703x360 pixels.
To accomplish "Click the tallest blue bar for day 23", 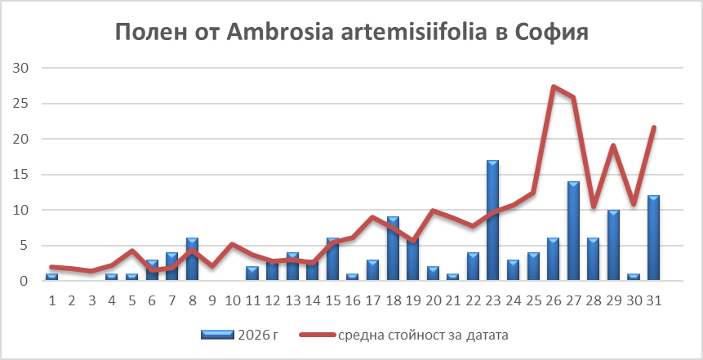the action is pyautogui.click(x=492, y=220).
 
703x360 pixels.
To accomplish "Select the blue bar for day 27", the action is pyautogui.click(x=573, y=231).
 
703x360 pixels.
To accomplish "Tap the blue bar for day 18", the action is pyautogui.click(x=393, y=249).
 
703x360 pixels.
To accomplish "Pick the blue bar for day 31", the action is pyautogui.click(x=653, y=238).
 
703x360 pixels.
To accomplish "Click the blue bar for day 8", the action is pyautogui.click(x=193, y=260).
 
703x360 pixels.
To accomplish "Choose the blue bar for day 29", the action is pyautogui.click(x=613, y=245).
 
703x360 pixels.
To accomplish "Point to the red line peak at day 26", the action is pyautogui.click(x=554, y=87).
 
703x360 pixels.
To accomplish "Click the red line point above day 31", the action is pyautogui.click(x=654, y=127).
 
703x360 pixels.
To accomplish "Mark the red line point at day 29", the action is pyautogui.click(x=613, y=145).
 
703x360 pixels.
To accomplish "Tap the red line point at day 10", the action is pyautogui.click(x=233, y=244).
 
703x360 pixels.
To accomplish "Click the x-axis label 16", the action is pyautogui.click(x=353, y=300).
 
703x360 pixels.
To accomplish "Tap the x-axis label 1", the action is pyautogui.click(x=52, y=300).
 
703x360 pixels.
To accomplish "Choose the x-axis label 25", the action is pyautogui.click(x=533, y=300).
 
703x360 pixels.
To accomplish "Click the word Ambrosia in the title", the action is pyautogui.click(x=280, y=33).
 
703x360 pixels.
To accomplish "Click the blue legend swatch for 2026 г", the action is pyautogui.click(x=217, y=335).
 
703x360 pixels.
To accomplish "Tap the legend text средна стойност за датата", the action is pyautogui.click(x=423, y=336).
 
